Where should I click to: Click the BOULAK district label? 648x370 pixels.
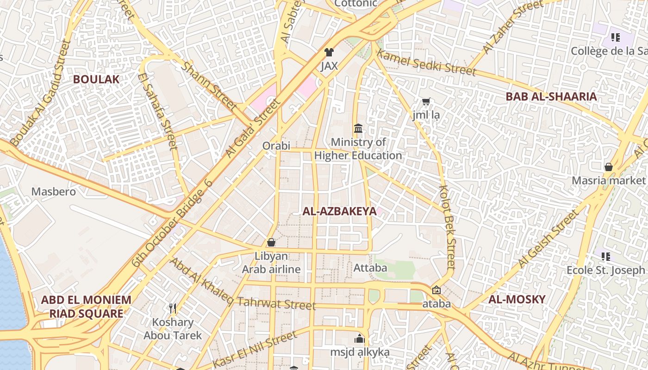coord(96,79)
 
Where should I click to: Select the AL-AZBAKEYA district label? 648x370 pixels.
coord(339,211)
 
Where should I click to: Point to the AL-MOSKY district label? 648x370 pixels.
coord(517,299)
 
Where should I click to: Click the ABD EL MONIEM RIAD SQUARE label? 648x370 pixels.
coord(86,307)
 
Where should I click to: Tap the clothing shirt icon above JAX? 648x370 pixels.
coord(329,52)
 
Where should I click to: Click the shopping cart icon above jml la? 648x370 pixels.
coord(426,101)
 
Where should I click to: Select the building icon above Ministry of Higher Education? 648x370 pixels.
coord(358,128)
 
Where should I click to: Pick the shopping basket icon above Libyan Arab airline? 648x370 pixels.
coord(271,242)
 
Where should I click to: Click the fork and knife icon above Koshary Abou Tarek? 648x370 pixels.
coord(173,308)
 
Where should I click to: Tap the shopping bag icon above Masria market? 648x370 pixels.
coord(609,166)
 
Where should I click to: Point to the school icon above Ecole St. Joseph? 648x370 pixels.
coord(605,256)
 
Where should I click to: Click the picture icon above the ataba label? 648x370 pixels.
coord(436,290)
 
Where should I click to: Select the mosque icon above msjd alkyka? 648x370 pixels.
coord(360,339)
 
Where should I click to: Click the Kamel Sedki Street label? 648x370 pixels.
coord(426,62)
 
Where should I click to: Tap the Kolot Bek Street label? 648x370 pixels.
coord(447,227)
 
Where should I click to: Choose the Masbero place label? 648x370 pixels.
coord(54,191)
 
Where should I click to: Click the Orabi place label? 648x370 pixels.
coord(276,146)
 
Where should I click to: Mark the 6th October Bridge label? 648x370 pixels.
coord(172,223)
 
